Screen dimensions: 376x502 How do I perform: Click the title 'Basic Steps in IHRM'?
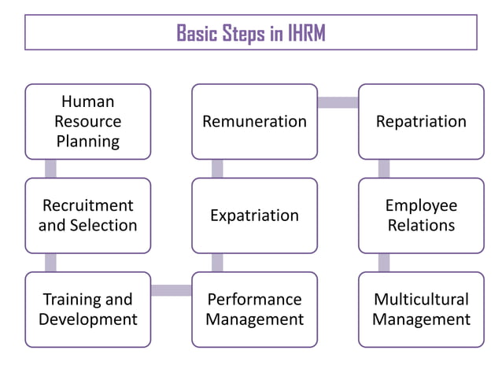tap(250, 33)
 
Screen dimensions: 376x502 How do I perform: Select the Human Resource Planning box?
tap(87, 121)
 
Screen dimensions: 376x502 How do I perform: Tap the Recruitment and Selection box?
tap(87, 215)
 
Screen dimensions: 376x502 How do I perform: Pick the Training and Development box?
tap(87, 309)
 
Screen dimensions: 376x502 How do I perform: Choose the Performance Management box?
tap(254, 309)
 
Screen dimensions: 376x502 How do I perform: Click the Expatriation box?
tap(254, 215)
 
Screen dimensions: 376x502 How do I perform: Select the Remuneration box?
tap(254, 121)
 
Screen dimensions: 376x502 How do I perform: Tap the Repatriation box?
tap(421, 121)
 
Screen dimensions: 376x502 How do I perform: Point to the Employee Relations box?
tap(421, 215)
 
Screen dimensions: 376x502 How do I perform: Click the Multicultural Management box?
tap(421, 309)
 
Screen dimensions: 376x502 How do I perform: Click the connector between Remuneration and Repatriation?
tap(338, 102)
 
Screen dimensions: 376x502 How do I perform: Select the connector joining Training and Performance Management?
tap(171, 290)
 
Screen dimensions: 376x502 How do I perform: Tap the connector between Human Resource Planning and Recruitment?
tap(50, 168)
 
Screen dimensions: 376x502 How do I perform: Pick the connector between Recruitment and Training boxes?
tap(50, 262)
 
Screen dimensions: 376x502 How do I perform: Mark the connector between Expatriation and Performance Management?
tap(217, 262)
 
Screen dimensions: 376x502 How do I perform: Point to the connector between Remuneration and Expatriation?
tap(217, 168)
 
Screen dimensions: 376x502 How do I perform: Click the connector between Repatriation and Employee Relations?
tap(384, 168)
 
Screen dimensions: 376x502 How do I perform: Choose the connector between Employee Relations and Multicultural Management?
tap(384, 262)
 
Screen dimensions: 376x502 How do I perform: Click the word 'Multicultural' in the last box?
tap(421, 300)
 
